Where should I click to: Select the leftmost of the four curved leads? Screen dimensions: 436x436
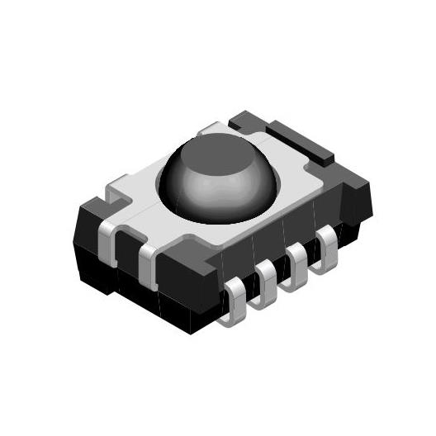coord(235,299)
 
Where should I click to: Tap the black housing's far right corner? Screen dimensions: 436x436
coord(363,198)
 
